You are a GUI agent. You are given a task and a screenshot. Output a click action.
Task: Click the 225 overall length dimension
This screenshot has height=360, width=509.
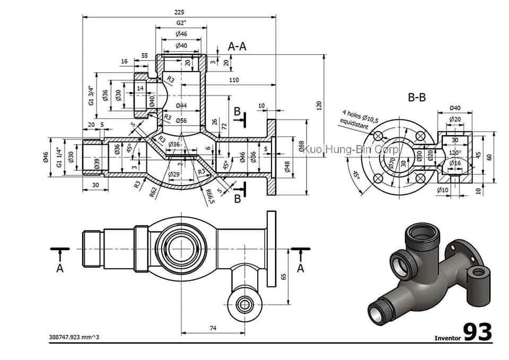click(179, 12)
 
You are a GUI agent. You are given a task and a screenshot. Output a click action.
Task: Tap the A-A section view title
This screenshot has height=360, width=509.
click(237, 46)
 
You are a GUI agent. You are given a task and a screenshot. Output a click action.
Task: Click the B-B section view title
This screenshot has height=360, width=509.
click(417, 98)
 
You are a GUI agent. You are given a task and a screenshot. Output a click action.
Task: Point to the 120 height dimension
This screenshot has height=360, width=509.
click(319, 106)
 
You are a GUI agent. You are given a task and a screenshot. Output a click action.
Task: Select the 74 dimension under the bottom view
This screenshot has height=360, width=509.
click(213, 328)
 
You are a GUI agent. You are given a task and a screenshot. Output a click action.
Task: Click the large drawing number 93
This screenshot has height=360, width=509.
click(478, 332)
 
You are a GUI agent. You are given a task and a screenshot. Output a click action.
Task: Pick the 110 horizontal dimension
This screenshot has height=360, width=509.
click(233, 80)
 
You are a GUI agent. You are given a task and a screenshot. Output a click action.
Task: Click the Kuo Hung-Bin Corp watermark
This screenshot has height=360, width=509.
click(352, 150)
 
